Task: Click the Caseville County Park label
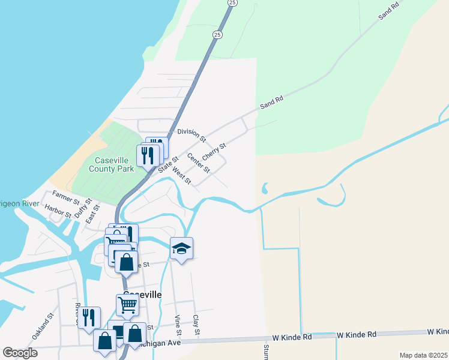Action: [115, 164]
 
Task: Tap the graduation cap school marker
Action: [182, 248]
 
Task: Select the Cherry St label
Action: [214, 152]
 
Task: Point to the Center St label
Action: [199, 163]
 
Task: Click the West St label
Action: [181, 176]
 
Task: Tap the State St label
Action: [168, 164]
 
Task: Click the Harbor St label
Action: [58, 211]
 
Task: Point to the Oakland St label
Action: [43, 326]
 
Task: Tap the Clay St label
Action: [196, 324]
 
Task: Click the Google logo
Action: [20, 353]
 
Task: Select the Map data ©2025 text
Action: [423, 355]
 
